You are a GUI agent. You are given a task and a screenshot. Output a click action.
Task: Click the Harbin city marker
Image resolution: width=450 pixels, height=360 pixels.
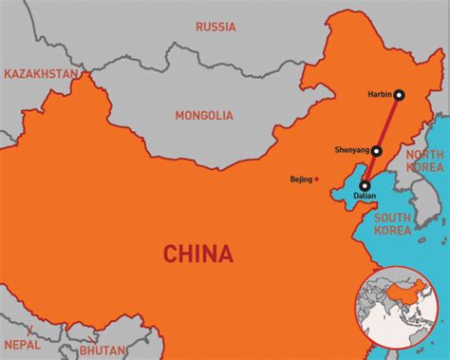[x=400, y=94]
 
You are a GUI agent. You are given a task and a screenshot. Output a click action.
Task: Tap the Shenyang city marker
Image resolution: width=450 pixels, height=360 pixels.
[x=377, y=150]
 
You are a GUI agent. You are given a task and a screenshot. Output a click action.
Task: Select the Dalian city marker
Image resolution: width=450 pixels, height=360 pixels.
[x=366, y=185]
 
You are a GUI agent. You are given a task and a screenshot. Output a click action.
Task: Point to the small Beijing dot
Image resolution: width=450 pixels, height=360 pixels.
[x=317, y=178]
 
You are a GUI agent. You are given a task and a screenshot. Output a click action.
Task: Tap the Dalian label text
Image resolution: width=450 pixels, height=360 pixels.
[x=365, y=196]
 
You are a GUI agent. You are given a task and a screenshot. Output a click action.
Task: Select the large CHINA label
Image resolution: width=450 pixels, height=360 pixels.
[x=197, y=254]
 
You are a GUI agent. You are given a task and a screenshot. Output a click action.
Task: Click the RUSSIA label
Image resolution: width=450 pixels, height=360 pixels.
[x=216, y=27]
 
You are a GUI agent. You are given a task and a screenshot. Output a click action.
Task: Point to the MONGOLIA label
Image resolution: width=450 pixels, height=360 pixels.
[x=203, y=115]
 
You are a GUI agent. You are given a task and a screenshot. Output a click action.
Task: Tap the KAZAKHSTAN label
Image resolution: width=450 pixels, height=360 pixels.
[x=40, y=73]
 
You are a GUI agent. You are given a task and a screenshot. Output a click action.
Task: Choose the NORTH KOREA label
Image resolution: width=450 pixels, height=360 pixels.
[x=423, y=161]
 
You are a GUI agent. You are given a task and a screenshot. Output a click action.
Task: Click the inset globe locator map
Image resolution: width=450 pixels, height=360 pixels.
[x=398, y=310]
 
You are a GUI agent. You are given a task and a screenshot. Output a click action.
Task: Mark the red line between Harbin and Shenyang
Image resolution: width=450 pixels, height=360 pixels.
[x=388, y=122]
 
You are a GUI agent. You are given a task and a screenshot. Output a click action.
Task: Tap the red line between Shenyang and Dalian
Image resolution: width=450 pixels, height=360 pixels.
[x=371, y=168]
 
